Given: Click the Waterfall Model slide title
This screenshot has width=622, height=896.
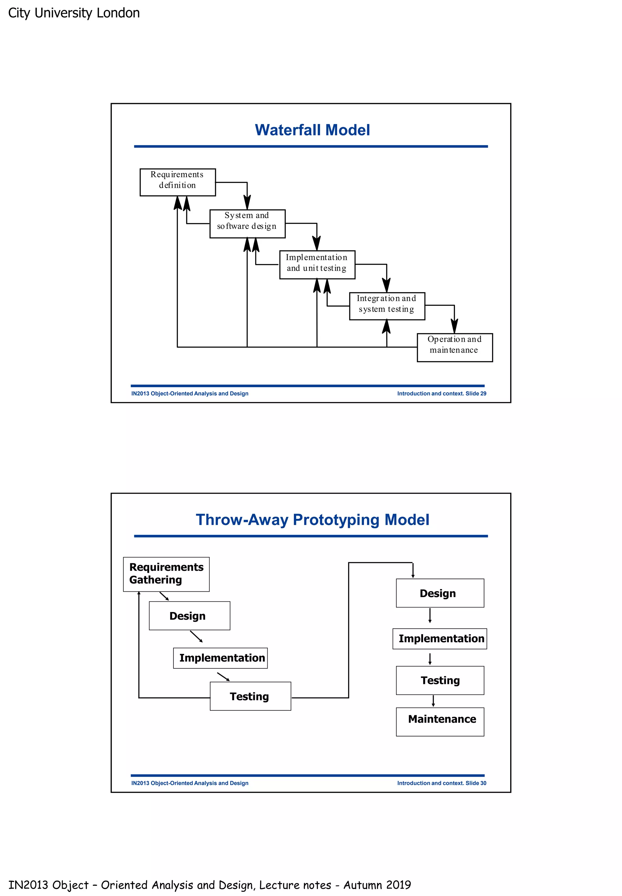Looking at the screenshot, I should [312, 130].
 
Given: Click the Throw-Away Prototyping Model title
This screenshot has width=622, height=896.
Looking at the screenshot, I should [312, 519].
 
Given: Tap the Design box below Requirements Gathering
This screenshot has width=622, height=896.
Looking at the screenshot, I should [190, 615].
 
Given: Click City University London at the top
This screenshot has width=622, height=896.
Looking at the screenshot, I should [74, 13].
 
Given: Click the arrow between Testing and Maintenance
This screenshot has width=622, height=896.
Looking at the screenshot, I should [433, 701].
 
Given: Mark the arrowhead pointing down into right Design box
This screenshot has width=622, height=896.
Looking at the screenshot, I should [413, 576].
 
